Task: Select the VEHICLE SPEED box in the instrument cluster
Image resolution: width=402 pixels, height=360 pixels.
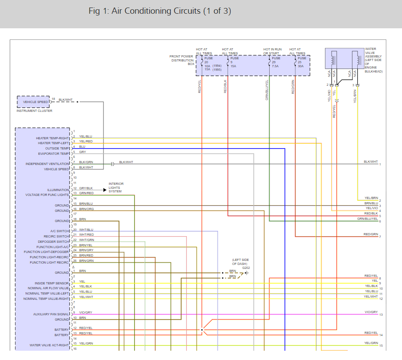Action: [35, 102]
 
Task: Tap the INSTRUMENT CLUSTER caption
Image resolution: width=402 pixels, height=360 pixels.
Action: [34, 111]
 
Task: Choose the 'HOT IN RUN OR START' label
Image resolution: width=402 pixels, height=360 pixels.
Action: [272, 51]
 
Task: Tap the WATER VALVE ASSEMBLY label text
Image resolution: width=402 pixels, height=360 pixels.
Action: [374, 60]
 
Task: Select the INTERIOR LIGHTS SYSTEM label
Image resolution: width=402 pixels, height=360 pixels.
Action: [116, 188]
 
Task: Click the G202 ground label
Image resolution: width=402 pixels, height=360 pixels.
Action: [246, 268]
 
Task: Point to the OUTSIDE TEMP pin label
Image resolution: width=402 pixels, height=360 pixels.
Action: [57, 149]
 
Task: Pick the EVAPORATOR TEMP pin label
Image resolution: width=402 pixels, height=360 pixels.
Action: [54, 154]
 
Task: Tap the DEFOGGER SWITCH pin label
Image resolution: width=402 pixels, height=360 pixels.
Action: [53, 242]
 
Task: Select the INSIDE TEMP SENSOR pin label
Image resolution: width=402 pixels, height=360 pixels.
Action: [52, 283]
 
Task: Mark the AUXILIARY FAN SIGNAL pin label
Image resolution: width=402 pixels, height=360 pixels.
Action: [51, 314]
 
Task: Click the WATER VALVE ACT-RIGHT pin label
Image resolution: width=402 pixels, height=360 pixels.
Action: [49, 345]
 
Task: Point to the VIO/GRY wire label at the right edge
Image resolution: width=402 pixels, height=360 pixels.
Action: [371, 312]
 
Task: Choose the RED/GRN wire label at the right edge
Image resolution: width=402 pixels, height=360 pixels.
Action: [371, 234]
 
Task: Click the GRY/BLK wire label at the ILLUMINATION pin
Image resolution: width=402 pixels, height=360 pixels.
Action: [86, 188]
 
